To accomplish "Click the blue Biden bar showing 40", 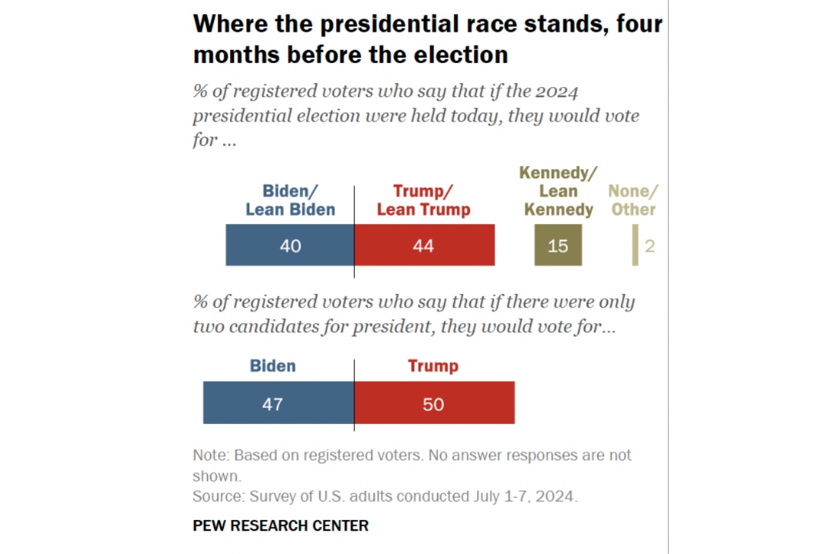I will (x=289, y=245).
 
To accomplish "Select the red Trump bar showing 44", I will (x=424, y=245).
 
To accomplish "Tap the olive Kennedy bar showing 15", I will (x=558, y=245).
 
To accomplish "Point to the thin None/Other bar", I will (x=635, y=245).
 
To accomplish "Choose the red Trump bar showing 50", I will (x=434, y=402).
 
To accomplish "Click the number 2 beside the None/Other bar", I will (x=650, y=246).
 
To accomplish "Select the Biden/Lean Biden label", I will (x=290, y=200).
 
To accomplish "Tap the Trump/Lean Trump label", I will (x=423, y=200).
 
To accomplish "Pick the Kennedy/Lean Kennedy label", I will (x=559, y=191).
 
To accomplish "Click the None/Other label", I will (x=633, y=200).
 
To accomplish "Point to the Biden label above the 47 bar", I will (x=272, y=366).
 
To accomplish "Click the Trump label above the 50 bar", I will (x=432, y=366).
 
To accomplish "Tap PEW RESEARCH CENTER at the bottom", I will (x=280, y=526).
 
